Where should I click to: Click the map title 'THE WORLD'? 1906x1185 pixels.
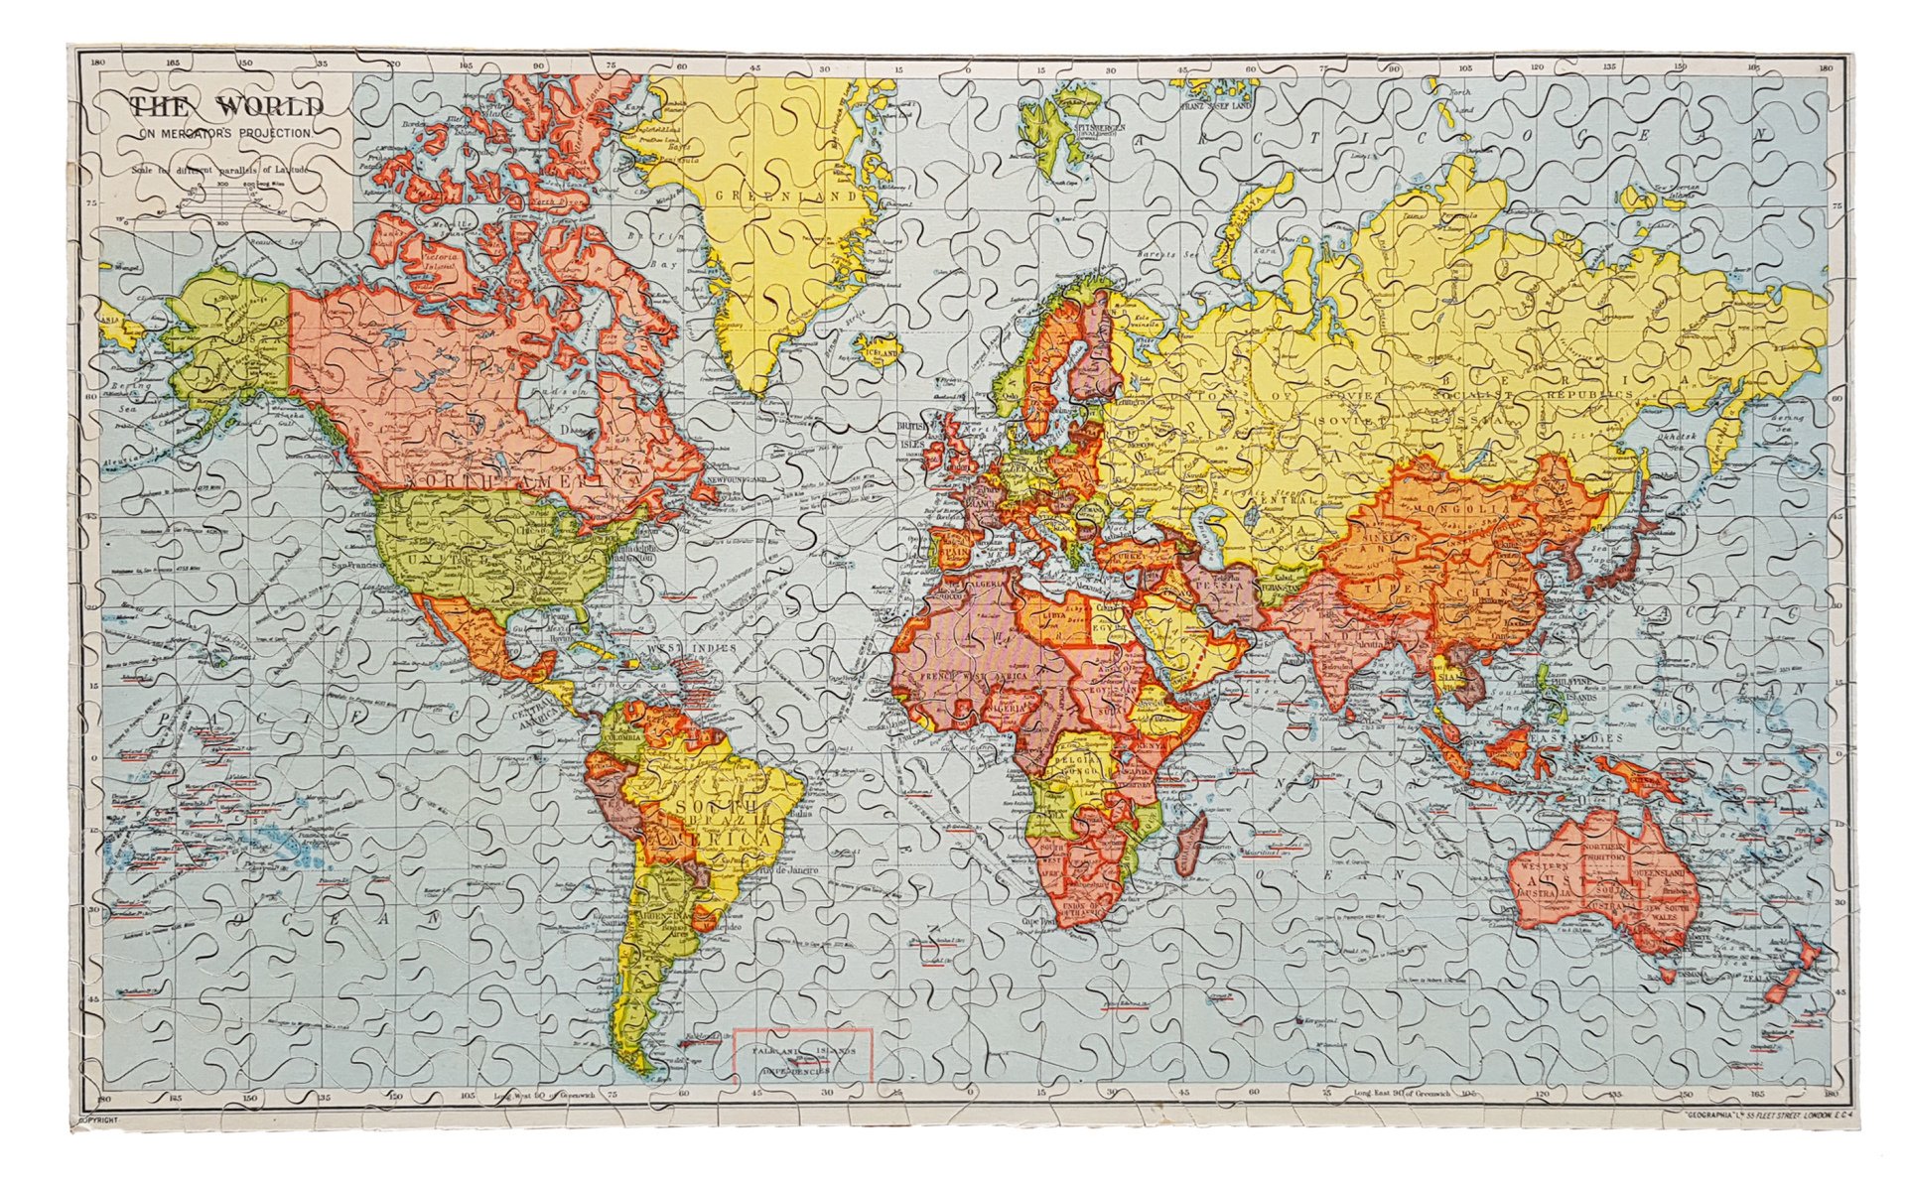(x=226, y=106)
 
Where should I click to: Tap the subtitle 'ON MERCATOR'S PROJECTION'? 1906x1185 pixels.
(x=226, y=132)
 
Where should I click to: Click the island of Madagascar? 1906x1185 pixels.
(x=1190, y=852)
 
